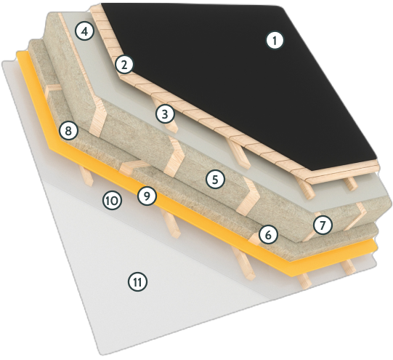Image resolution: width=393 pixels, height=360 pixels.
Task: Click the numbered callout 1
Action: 274,41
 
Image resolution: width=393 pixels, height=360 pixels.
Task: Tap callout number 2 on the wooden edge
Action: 124,65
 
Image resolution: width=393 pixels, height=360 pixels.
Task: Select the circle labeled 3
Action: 165,113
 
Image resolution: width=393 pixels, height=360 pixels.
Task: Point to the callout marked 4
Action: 86,32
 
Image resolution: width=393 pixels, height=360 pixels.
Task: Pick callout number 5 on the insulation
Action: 213,177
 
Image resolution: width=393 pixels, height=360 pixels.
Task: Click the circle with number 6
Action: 268,234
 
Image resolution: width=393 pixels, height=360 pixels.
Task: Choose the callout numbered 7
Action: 323,224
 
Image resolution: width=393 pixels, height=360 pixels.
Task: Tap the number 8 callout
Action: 68,132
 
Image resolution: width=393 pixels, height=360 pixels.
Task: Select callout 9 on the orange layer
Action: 147,196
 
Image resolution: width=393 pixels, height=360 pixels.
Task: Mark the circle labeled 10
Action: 111,200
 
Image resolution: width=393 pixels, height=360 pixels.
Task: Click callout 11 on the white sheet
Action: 137,281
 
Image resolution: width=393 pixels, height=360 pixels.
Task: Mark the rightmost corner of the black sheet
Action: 378,155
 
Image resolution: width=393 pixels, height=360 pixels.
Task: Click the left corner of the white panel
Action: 3,63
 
